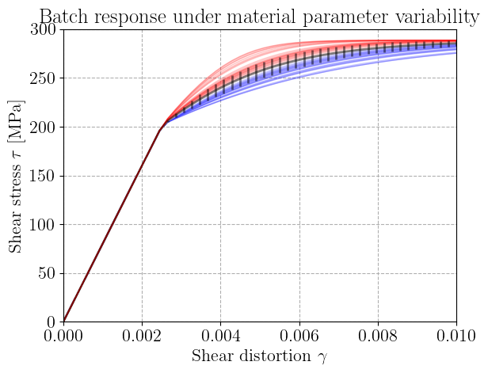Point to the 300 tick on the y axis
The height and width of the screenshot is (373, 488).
pyautogui.click(x=43, y=30)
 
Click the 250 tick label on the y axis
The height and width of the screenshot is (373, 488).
pyautogui.click(x=43, y=78)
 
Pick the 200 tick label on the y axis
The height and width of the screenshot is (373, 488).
pyautogui.click(x=43, y=128)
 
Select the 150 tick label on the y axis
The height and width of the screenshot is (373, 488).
pyautogui.click(x=43, y=177)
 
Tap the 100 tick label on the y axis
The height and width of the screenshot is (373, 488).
pyautogui.click(x=43, y=225)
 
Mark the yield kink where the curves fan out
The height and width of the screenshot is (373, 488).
pyautogui.click(x=160, y=131)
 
